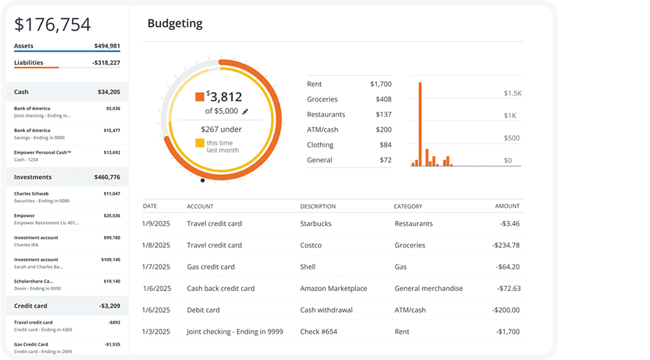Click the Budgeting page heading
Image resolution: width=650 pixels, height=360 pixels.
[175, 23]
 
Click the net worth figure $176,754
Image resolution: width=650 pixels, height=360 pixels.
[53, 25]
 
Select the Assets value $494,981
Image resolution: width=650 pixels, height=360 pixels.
[107, 46]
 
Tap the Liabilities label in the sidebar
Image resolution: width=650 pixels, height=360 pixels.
[29, 63]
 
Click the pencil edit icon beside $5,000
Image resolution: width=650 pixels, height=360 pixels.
[245, 111]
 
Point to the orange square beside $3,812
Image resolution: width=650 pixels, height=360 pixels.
[200, 97]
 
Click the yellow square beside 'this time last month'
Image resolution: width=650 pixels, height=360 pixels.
[200, 143]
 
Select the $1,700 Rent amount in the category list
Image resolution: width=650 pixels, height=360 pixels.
[380, 84]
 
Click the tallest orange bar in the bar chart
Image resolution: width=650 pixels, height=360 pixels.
[421, 123]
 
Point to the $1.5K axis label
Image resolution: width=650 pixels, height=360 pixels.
[512, 94]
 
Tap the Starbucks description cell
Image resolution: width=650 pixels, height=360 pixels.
[315, 224]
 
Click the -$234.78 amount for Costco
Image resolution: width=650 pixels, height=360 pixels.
[505, 245]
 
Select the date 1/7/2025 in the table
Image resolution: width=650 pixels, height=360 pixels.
[156, 266]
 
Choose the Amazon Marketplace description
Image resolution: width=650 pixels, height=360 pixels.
[333, 289]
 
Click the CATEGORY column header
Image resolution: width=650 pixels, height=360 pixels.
[408, 206]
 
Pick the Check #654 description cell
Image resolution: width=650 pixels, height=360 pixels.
[318, 331]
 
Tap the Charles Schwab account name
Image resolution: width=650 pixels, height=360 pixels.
[31, 194]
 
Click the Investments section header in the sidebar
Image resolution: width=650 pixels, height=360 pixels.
[32, 177]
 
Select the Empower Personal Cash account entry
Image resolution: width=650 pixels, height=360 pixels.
[42, 152]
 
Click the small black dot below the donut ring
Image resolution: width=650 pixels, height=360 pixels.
[203, 181]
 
